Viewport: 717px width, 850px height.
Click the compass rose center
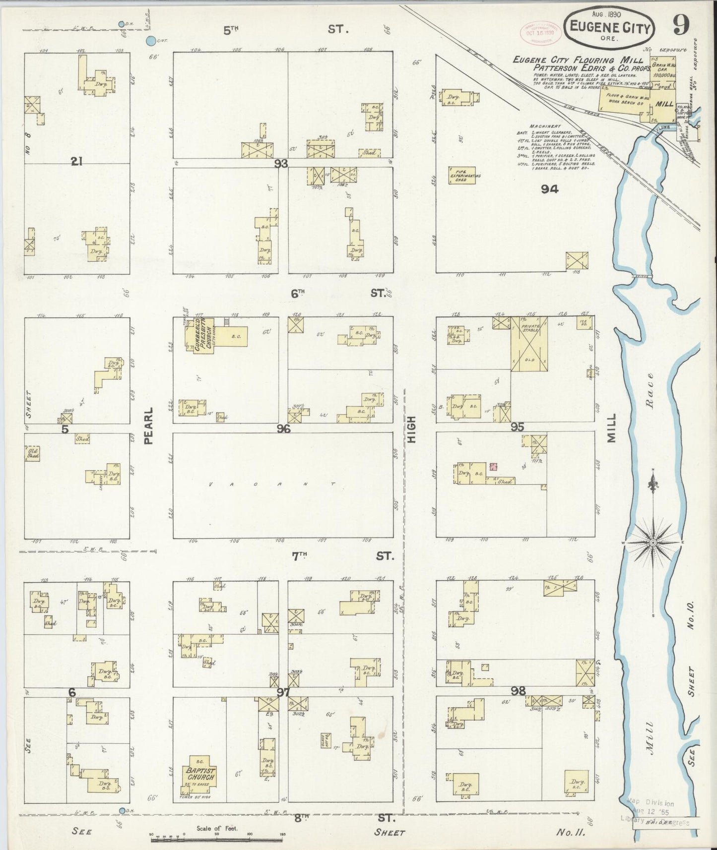tap(653, 543)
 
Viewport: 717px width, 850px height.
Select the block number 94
tap(550, 188)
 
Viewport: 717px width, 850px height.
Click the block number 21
tap(76, 161)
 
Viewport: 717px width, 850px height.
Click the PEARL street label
tap(149, 425)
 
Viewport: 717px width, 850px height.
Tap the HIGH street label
tap(411, 429)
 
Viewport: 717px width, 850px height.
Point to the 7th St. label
tap(342, 556)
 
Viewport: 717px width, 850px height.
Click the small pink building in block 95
tap(493, 467)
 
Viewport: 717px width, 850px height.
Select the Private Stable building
tap(529, 344)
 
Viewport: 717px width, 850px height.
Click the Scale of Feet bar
tap(217, 838)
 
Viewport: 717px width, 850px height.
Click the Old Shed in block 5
tap(32, 453)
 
